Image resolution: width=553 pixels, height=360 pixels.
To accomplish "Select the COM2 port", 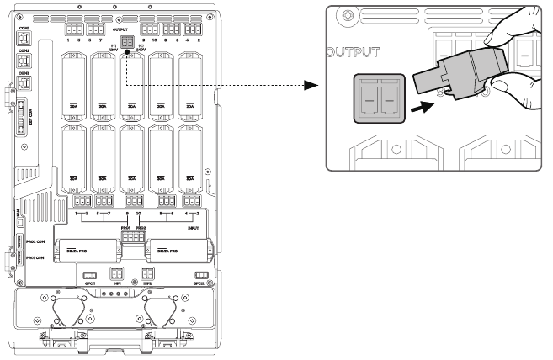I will pyautogui.click(x=24, y=60).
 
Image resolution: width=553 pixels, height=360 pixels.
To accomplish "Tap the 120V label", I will pyautogui.click(x=112, y=50).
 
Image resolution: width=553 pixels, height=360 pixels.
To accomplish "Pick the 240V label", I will pyautogui.click(x=139, y=50).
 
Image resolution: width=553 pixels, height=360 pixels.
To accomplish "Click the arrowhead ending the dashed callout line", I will pyautogui.click(x=311, y=86).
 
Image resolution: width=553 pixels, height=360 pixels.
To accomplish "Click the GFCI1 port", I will pyautogui.click(x=89, y=276).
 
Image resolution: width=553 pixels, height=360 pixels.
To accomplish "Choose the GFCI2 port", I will pyautogui.click(x=201, y=276).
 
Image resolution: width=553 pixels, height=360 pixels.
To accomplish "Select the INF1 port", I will pyautogui.click(x=117, y=275).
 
